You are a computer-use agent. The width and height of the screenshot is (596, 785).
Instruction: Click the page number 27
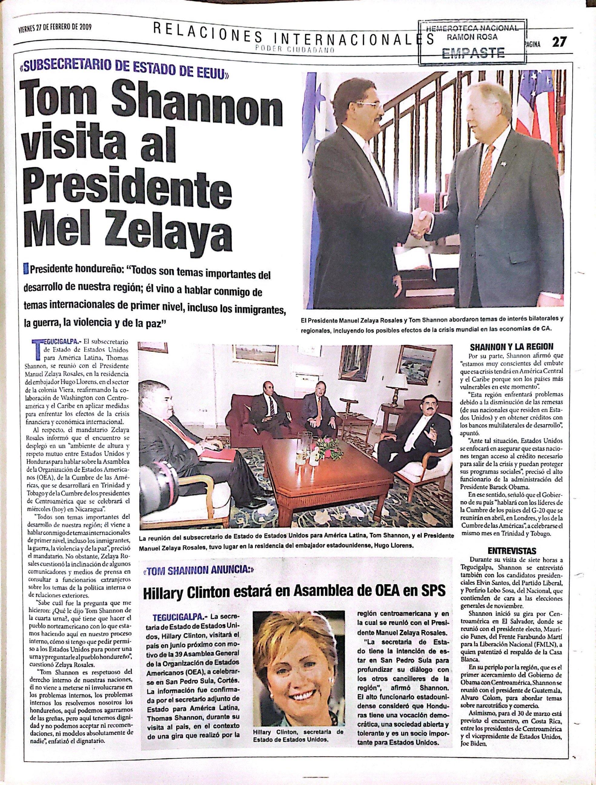pyautogui.click(x=559, y=43)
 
